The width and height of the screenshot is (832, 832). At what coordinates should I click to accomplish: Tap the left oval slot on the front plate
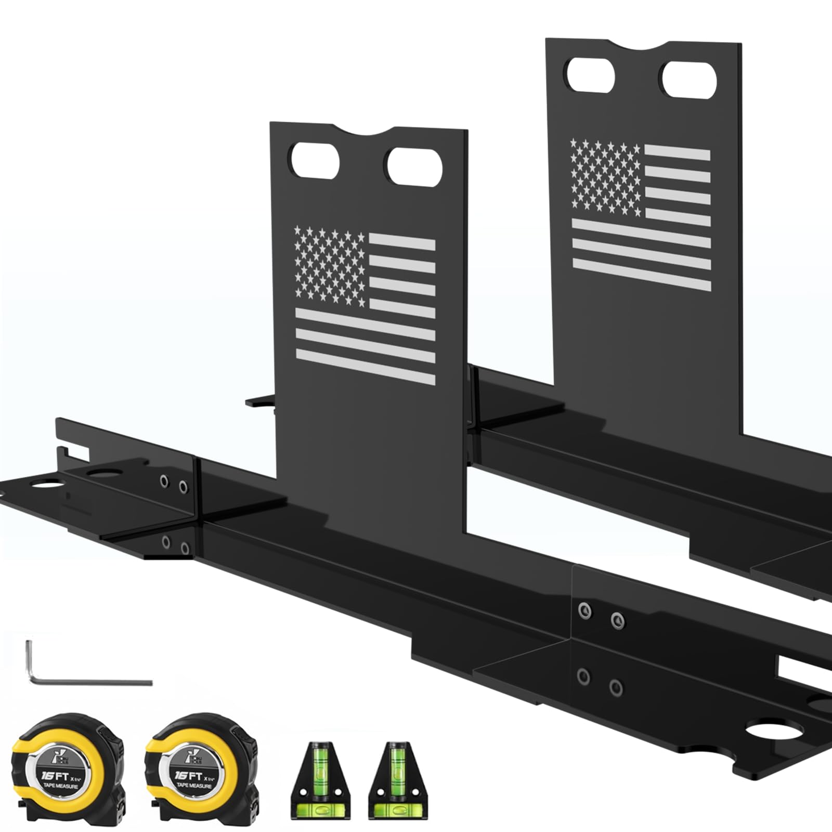click(x=315, y=163)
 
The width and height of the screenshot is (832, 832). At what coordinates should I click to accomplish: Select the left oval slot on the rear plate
click(x=591, y=76)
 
